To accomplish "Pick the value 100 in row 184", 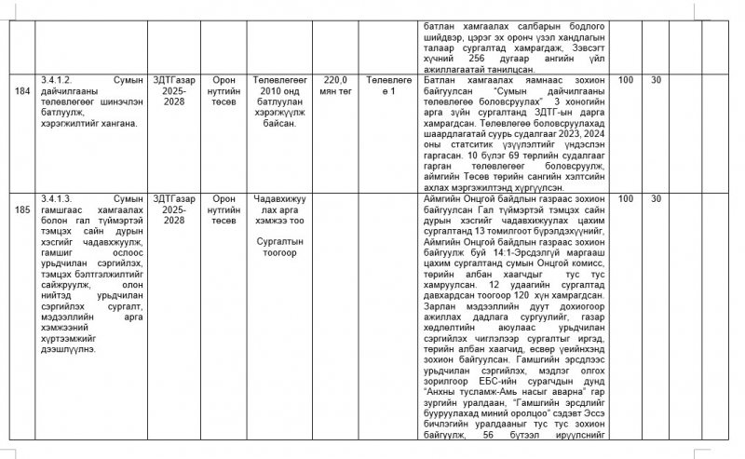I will pos(626,80).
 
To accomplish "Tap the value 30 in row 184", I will pos(656,80).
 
